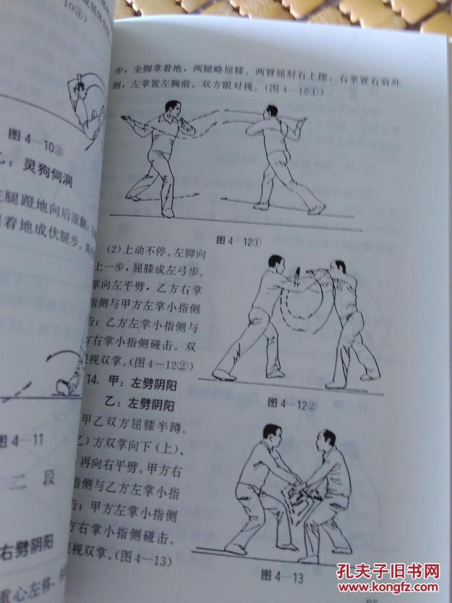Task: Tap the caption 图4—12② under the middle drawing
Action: click(292, 403)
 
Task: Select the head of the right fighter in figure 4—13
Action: click(327, 439)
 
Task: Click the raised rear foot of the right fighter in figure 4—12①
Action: click(316, 209)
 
